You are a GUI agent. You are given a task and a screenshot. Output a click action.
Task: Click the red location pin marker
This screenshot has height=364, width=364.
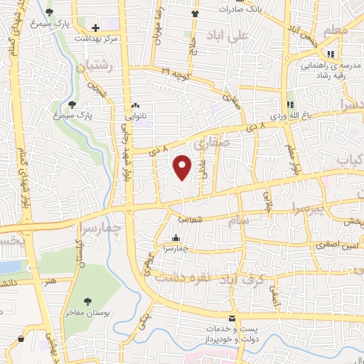point(183,166)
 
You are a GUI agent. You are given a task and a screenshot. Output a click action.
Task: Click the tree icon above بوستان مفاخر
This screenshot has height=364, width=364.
point(87,301)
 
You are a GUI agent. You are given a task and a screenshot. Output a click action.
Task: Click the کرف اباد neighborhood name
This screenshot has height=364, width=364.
point(267,279)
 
